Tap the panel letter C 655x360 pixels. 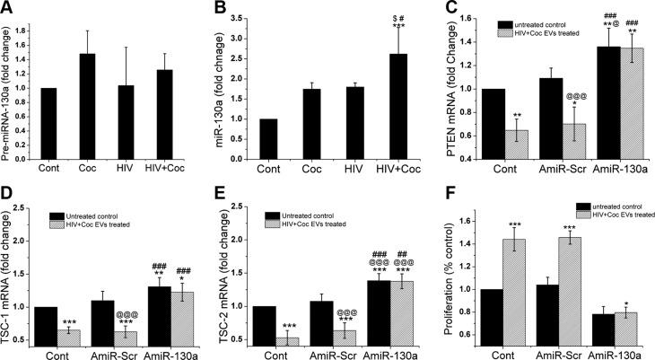click(452, 11)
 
